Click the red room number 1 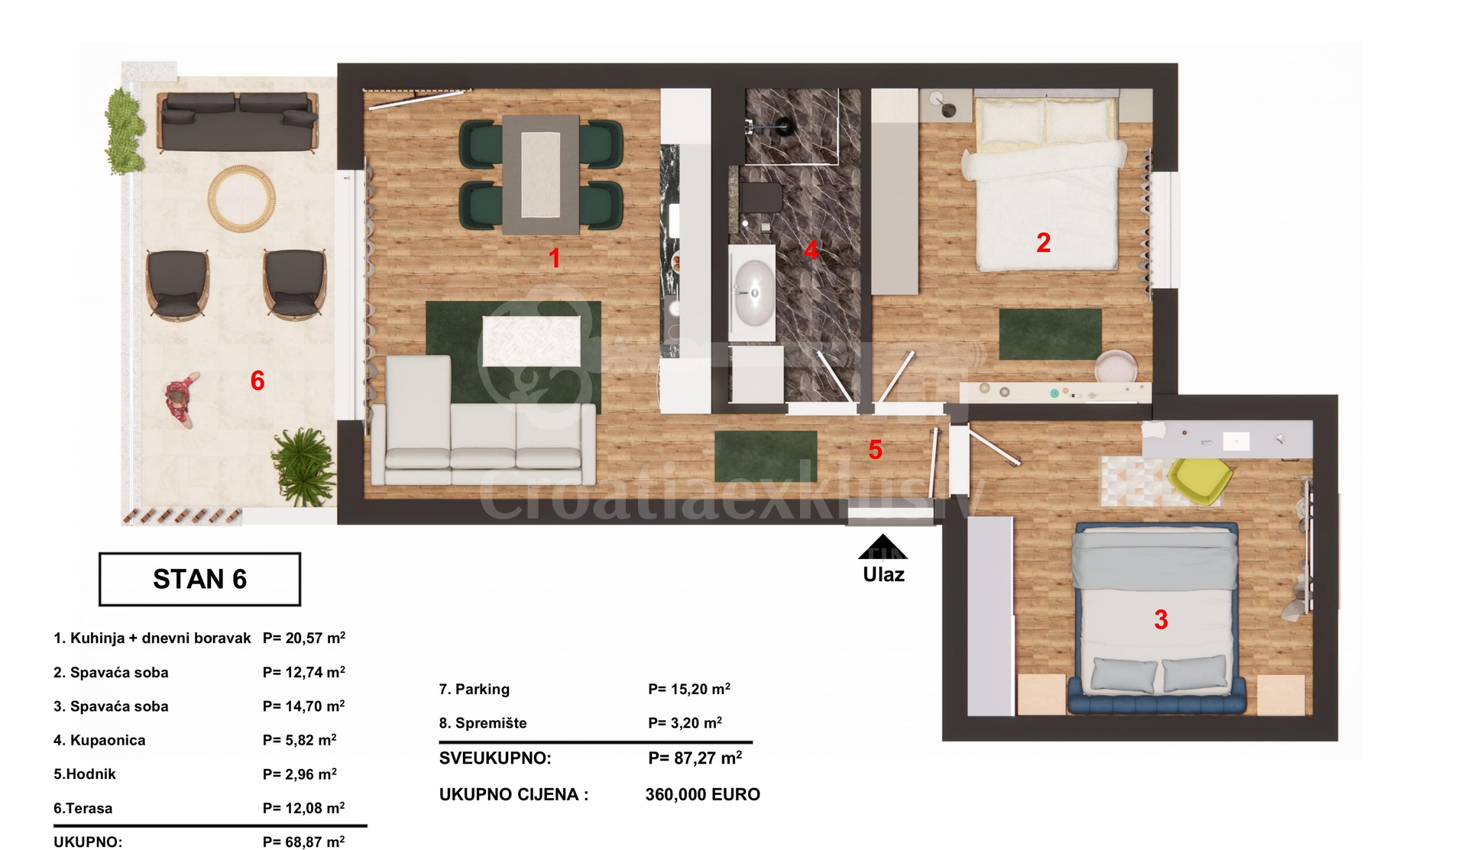tap(555, 258)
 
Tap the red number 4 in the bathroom tap(811, 250)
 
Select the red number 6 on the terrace tap(257, 380)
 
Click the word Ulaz tap(883, 574)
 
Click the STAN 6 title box tap(199, 579)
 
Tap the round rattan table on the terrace tap(241, 197)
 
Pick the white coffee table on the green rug tap(531, 341)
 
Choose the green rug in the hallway tap(766, 456)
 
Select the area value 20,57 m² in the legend tap(304, 638)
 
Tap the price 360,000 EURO tap(703, 794)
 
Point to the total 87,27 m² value tap(695, 758)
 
